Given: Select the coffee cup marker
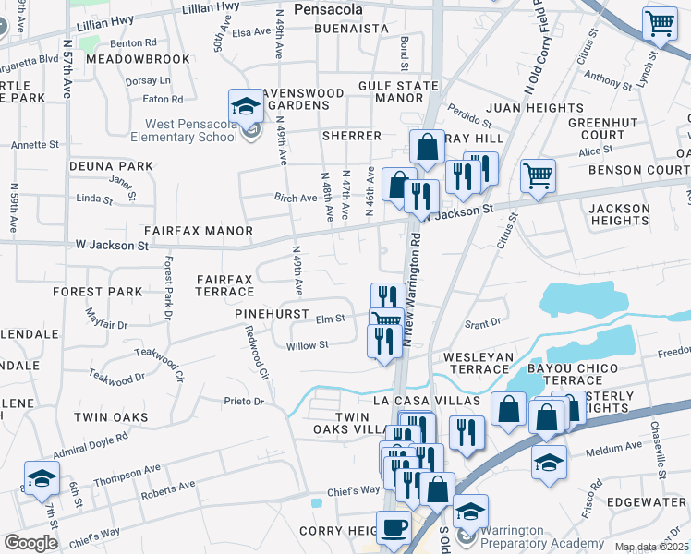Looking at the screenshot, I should coord(394,529).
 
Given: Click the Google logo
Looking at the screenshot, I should coord(30,543).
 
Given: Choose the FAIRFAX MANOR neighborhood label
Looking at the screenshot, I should coord(198,230).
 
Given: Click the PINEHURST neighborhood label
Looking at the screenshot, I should coord(271,314).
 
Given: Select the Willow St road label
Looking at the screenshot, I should coord(308,345).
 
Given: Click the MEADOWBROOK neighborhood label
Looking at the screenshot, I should coord(125,58).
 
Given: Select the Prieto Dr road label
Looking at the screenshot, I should coord(244,402).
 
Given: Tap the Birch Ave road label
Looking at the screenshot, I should coord(295,198).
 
